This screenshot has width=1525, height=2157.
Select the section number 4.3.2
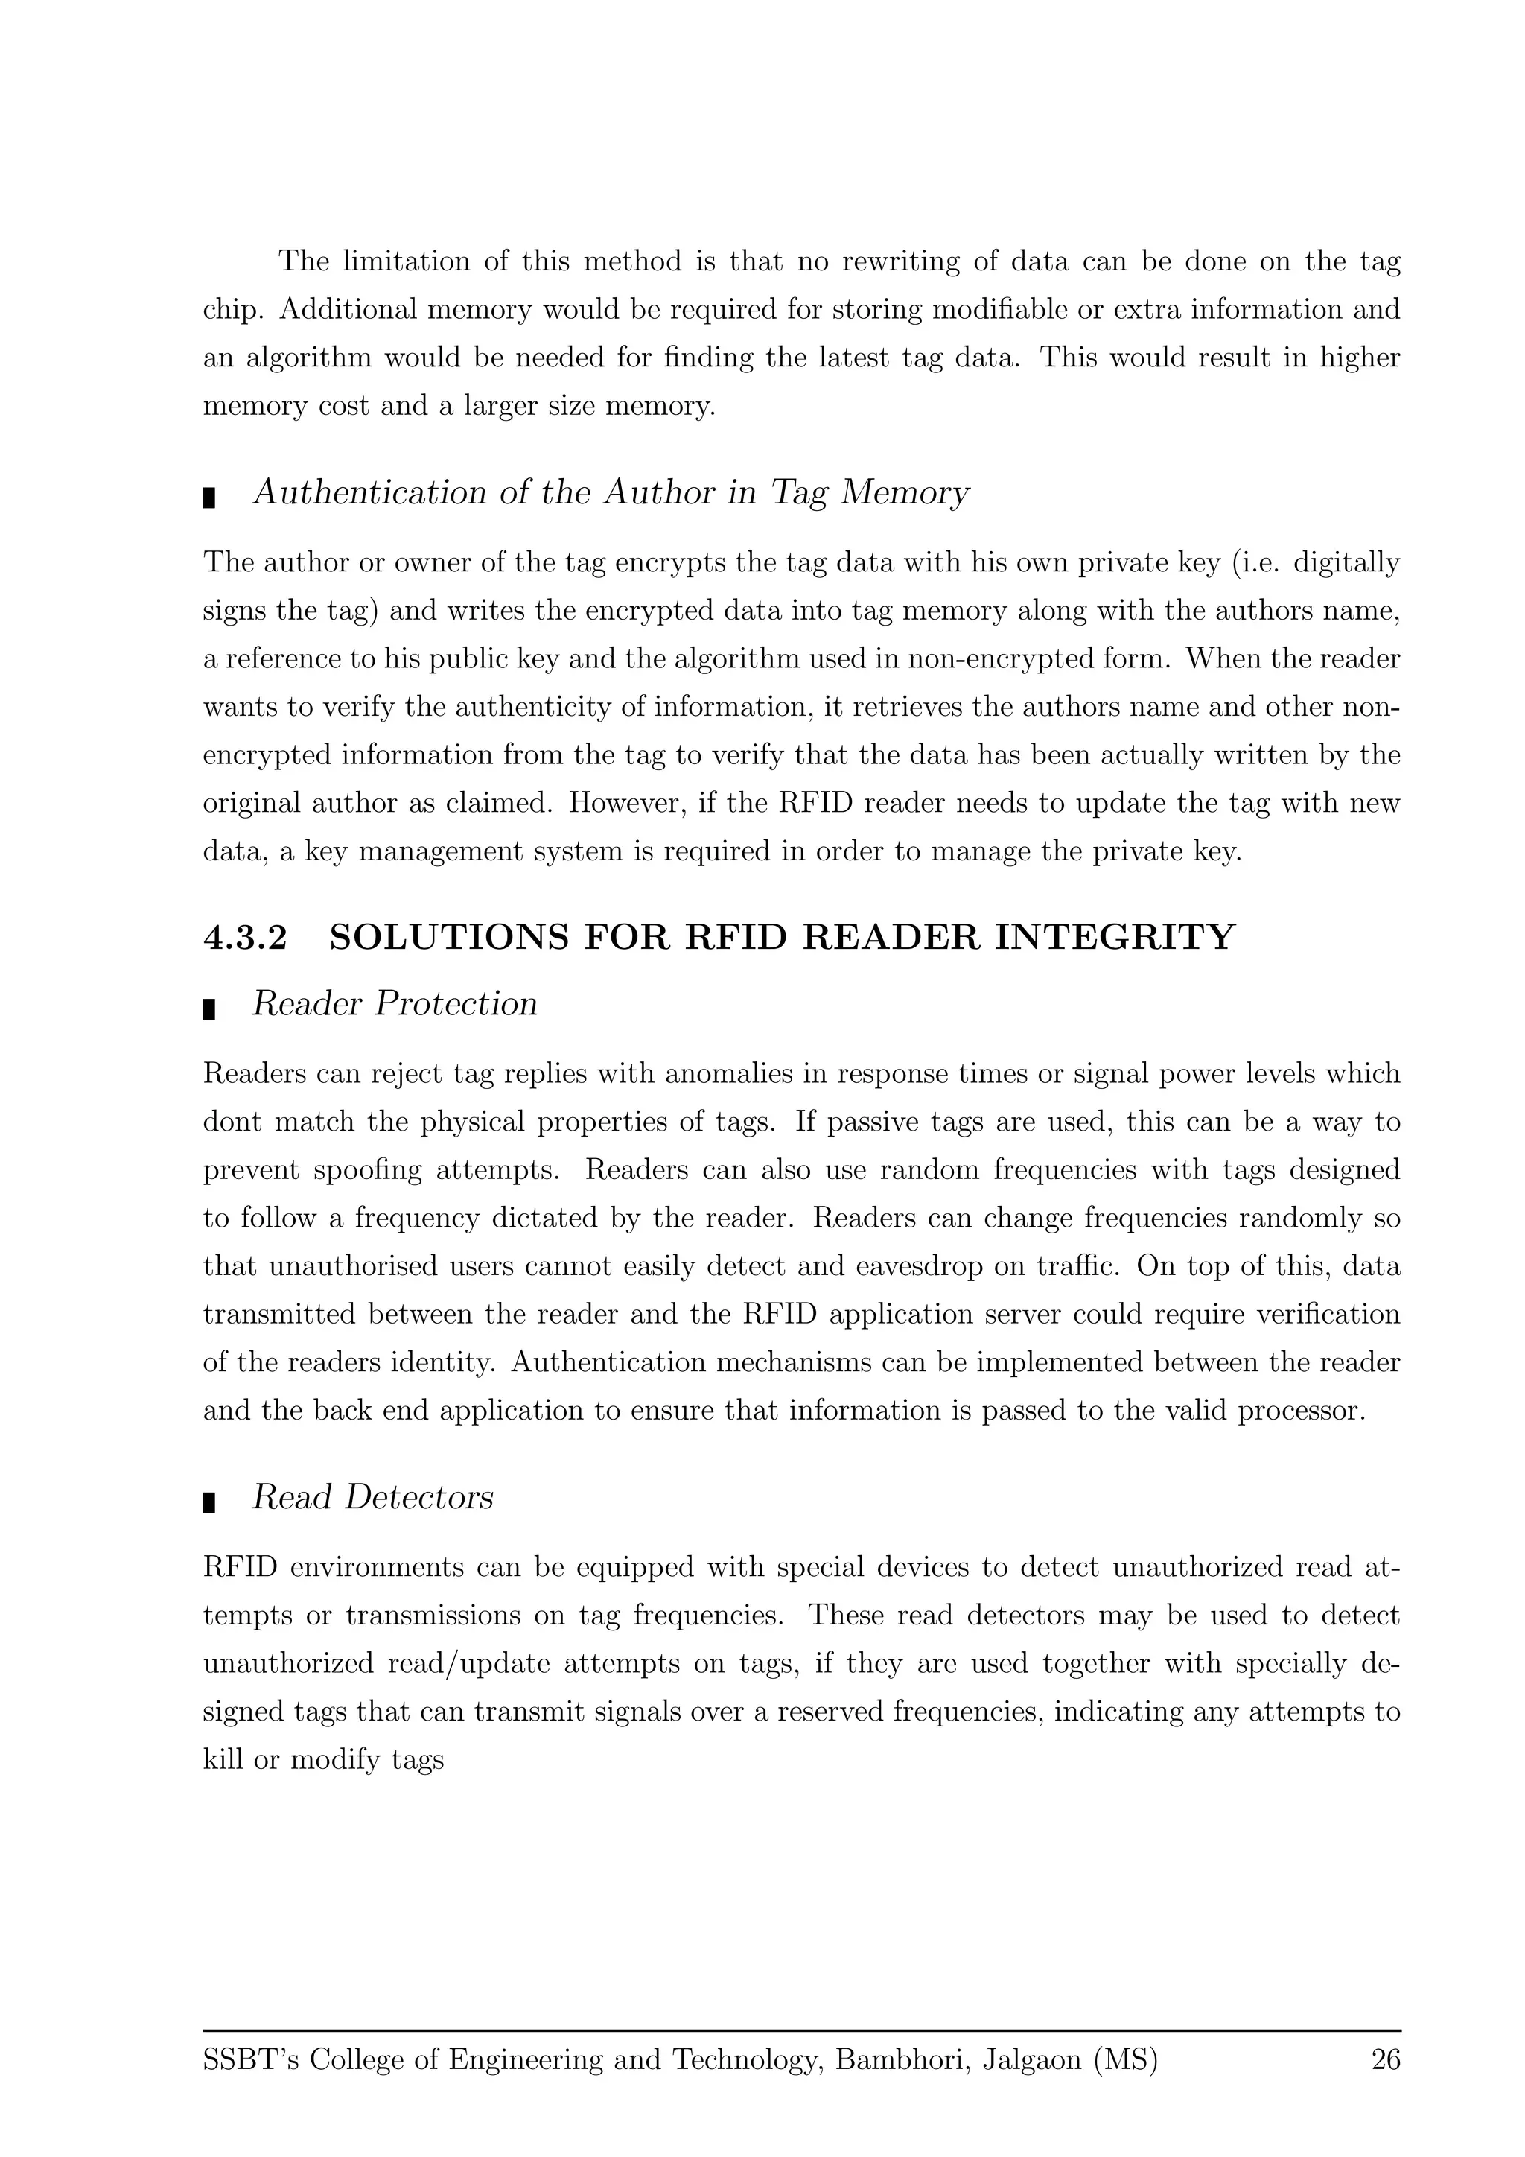[x=245, y=938]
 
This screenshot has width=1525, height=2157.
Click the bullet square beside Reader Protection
[x=209, y=1010]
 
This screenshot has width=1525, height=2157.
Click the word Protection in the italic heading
[x=456, y=1003]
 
